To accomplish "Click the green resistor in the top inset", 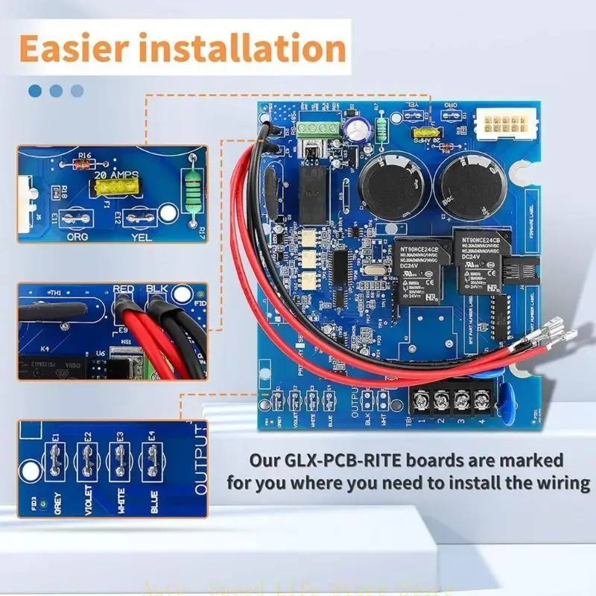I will (x=194, y=192).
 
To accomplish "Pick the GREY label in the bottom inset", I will (x=58, y=507).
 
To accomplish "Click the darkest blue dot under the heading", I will (x=35, y=91).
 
